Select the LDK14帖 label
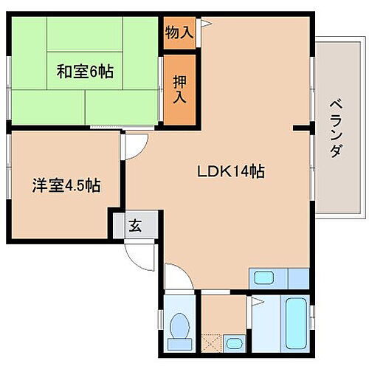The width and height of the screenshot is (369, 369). tap(230, 171)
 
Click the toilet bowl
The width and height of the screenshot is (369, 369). tap(179, 324)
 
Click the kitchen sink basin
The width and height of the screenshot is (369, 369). tap(263, 279)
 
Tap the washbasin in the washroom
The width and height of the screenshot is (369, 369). tap(233, 342)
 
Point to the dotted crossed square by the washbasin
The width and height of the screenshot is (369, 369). tap(211, 342)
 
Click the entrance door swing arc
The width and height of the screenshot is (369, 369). tap(140, 255)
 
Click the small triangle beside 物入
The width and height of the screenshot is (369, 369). tap(207, 24)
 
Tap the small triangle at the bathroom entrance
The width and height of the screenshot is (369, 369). tap(256, 302)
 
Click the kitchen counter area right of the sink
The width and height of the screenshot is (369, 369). tap(297, 279)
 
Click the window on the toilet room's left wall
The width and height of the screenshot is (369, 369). tap(162, 322)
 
